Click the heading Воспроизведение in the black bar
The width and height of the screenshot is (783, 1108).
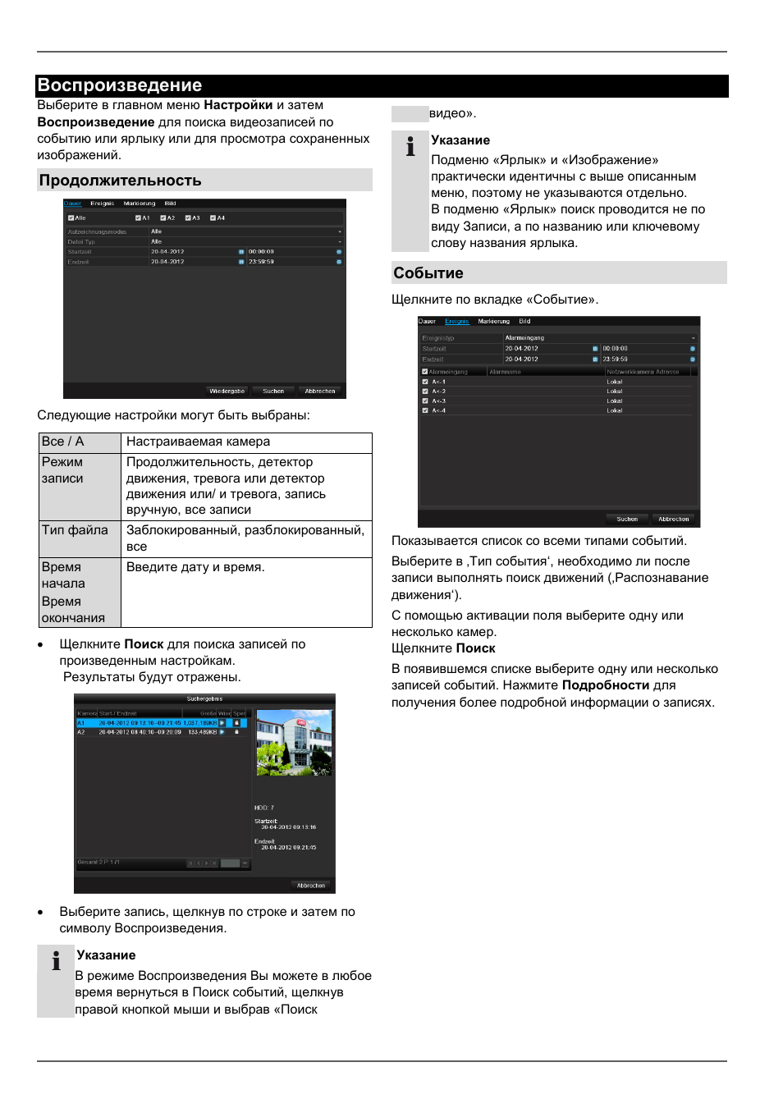point(120,85)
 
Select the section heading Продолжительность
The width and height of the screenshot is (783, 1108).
point(121,181)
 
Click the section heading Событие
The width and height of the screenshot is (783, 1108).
point(428,273)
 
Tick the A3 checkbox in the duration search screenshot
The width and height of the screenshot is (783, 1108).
point(188,218)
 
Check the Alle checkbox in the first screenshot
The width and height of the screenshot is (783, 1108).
point(71,218)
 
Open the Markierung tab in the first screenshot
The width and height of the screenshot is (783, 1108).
point(140,204)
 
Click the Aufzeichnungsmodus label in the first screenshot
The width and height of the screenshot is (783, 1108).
point(97,232)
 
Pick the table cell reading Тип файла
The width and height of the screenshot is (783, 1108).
point(76,530)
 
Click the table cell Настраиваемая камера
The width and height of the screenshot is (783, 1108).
point(198,442)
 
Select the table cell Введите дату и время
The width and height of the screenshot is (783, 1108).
point(195,567)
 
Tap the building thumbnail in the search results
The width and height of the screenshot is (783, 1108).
point(294,743)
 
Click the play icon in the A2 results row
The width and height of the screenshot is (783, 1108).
point(222,732)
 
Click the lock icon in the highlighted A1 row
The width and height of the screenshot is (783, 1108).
point(237,723)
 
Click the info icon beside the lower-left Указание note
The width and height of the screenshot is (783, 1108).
point(56,961)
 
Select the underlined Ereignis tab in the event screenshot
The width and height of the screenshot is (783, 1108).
point(457,322)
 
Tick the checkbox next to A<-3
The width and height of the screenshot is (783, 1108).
point(425,401)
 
